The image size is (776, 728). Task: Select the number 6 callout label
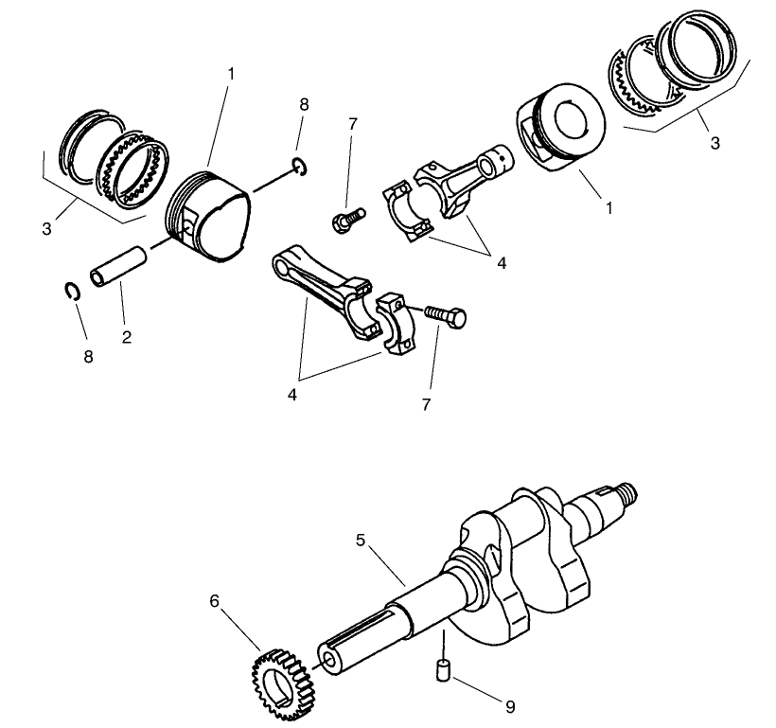pos(214,600)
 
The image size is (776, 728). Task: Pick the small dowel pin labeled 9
pos(440,670)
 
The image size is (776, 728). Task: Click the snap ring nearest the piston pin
pos(73,292)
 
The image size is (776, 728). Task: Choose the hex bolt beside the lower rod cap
pos(444,315)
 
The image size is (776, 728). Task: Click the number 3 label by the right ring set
pos(714,144)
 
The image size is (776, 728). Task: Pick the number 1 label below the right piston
pos(608,206)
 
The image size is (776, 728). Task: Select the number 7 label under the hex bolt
pos(426,404)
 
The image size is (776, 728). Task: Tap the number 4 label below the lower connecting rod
pos(292,394)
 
